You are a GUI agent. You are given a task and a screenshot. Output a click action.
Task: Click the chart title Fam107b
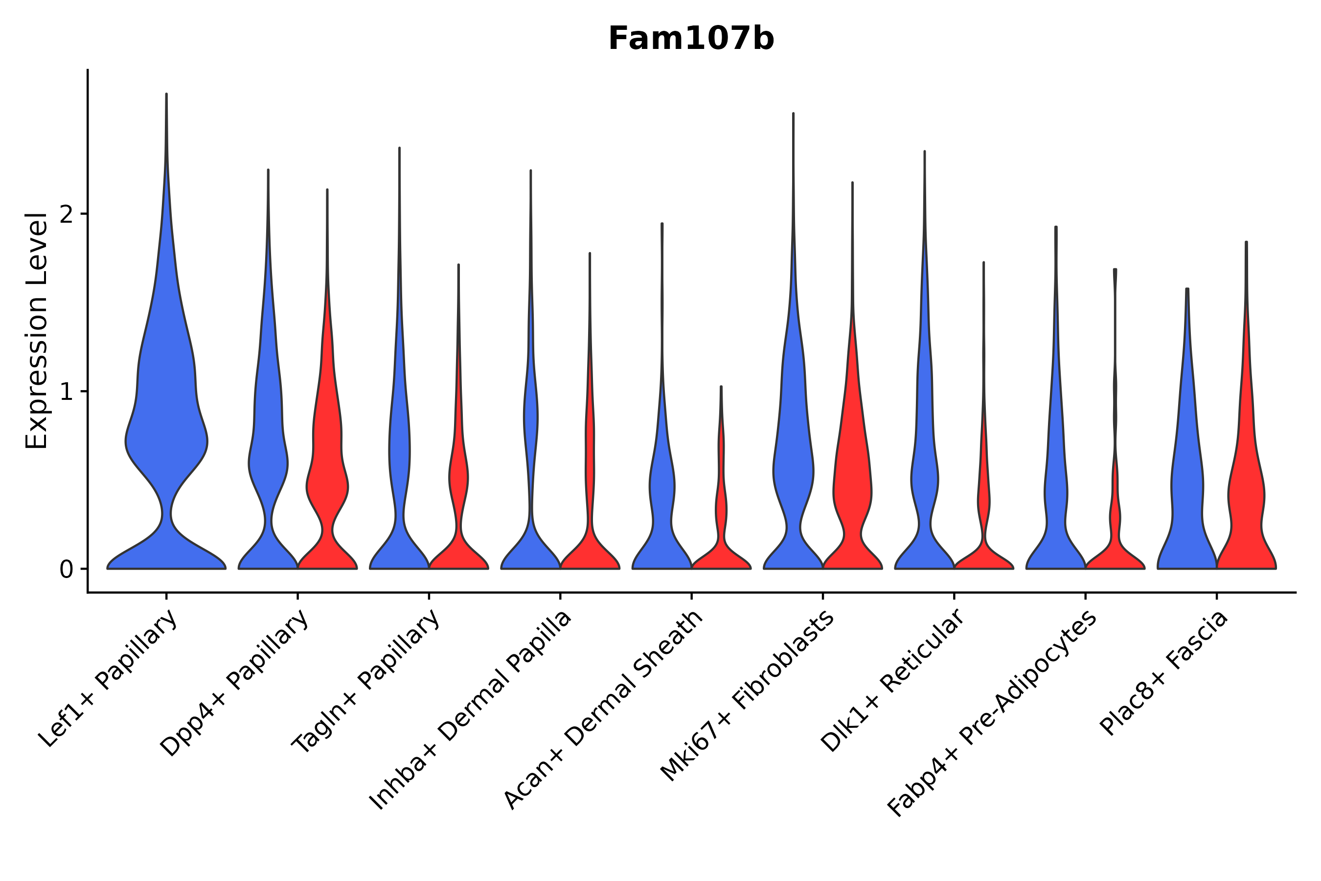[691, 39]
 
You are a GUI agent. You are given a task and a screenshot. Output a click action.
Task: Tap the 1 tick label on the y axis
[66, 392]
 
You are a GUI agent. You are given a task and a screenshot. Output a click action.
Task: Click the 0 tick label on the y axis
[66, 570]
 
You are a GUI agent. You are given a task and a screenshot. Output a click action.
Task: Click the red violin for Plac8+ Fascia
[1246, 494]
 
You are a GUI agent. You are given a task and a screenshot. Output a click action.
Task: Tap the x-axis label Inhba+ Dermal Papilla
[471, 710]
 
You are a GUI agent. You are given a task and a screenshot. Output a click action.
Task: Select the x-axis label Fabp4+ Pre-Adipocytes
[992, 714]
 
